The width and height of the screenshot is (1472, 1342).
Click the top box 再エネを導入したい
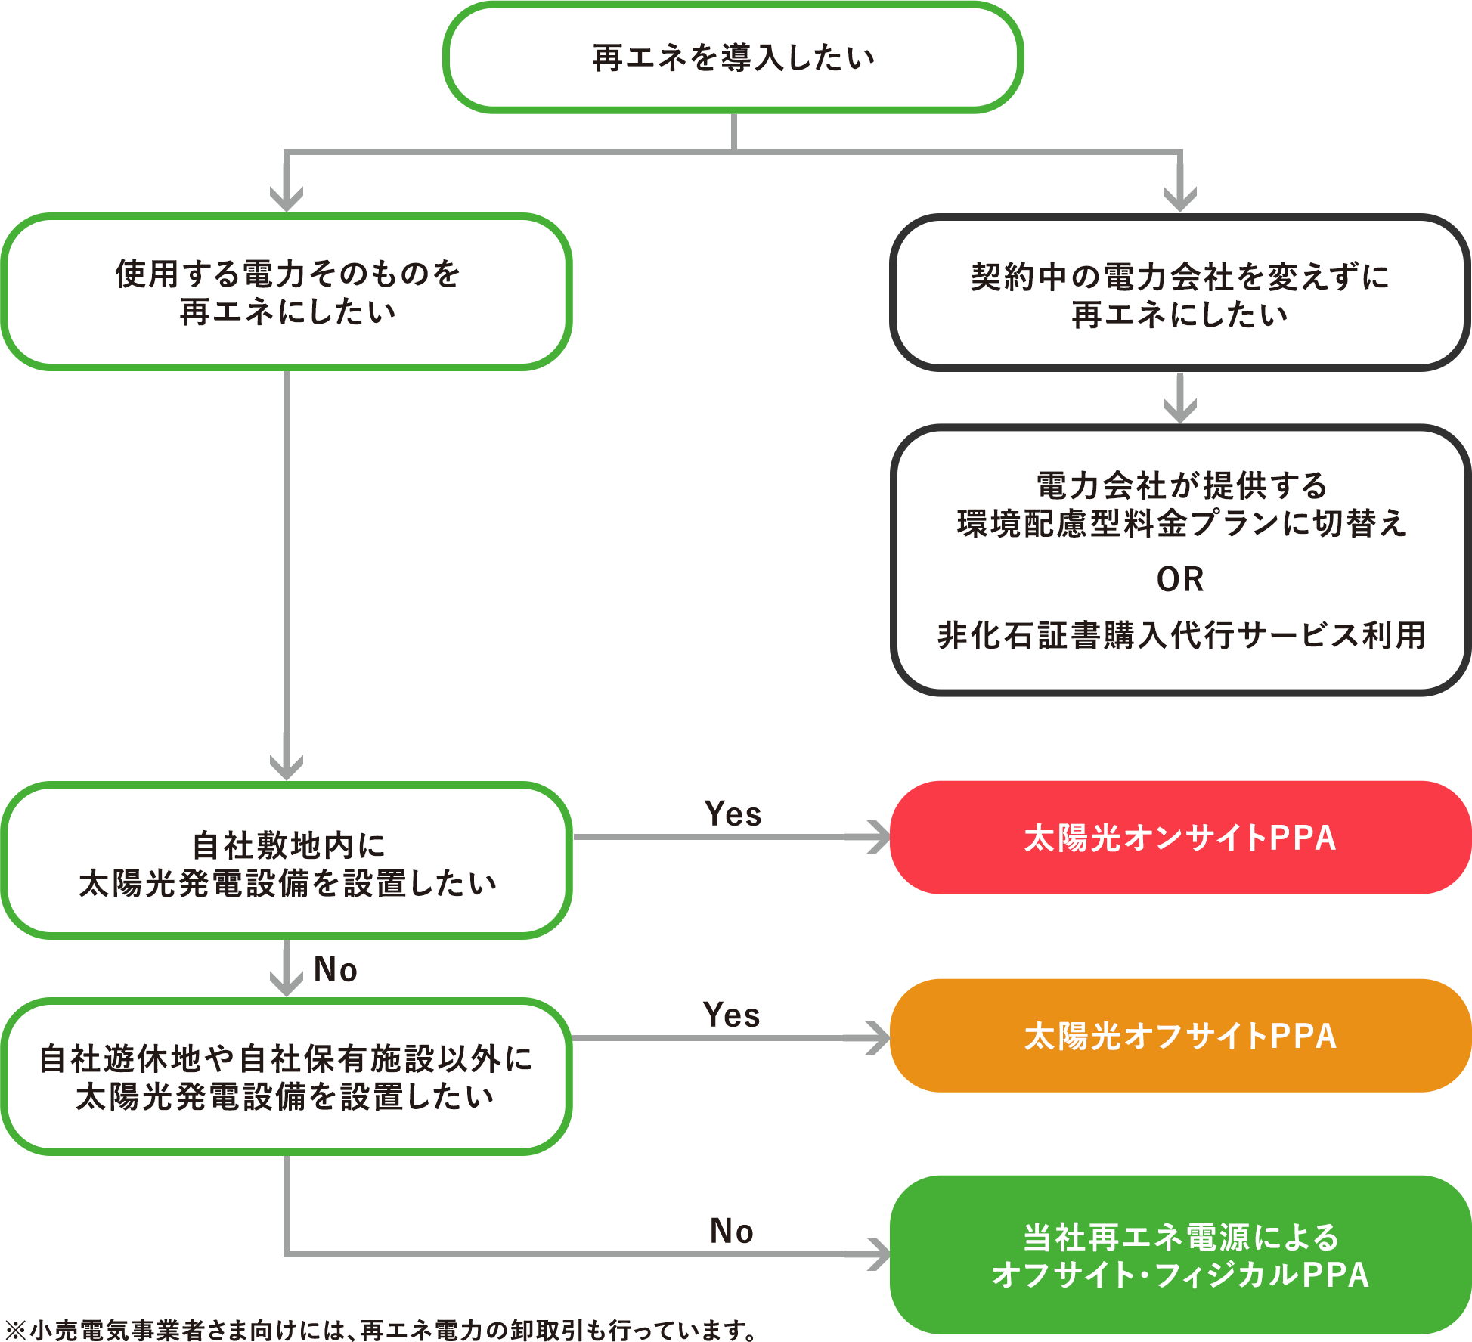click(x=733, y=57)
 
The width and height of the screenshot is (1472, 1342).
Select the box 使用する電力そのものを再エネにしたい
click(x=287, y=292)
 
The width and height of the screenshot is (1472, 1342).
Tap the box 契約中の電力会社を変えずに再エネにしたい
click(x=1179, y=293)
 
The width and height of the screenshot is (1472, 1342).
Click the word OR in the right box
click(x=1179, y=579)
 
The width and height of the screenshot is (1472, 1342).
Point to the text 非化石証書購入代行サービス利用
click(x=1181, y=635)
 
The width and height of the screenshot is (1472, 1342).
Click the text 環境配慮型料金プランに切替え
click(x=1181, y=523)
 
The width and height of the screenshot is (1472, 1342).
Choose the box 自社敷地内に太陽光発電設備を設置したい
click(x=287, y=861)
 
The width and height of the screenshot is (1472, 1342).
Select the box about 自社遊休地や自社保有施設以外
click(x=287, y=1077)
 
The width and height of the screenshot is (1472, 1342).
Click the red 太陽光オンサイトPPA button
click(x=1179, y=838)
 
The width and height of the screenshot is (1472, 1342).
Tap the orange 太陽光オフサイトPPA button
click(x=1179, y=1036)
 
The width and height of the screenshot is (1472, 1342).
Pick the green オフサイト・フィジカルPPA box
click(x=1179, y=1255)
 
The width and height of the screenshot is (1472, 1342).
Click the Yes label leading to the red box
click(x=733, y=814)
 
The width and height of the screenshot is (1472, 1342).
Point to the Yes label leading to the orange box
click(x=731, y=1015)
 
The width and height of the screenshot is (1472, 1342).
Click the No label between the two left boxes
click(x=336, y=969)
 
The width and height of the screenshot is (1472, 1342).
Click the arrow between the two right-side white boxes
click(x=1179, y=399)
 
